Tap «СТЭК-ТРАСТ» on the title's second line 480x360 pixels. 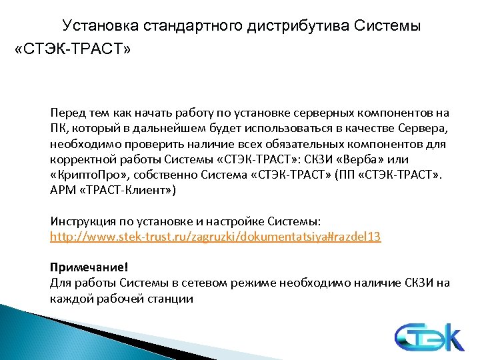[73, 50]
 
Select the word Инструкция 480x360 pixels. [81, 221]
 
